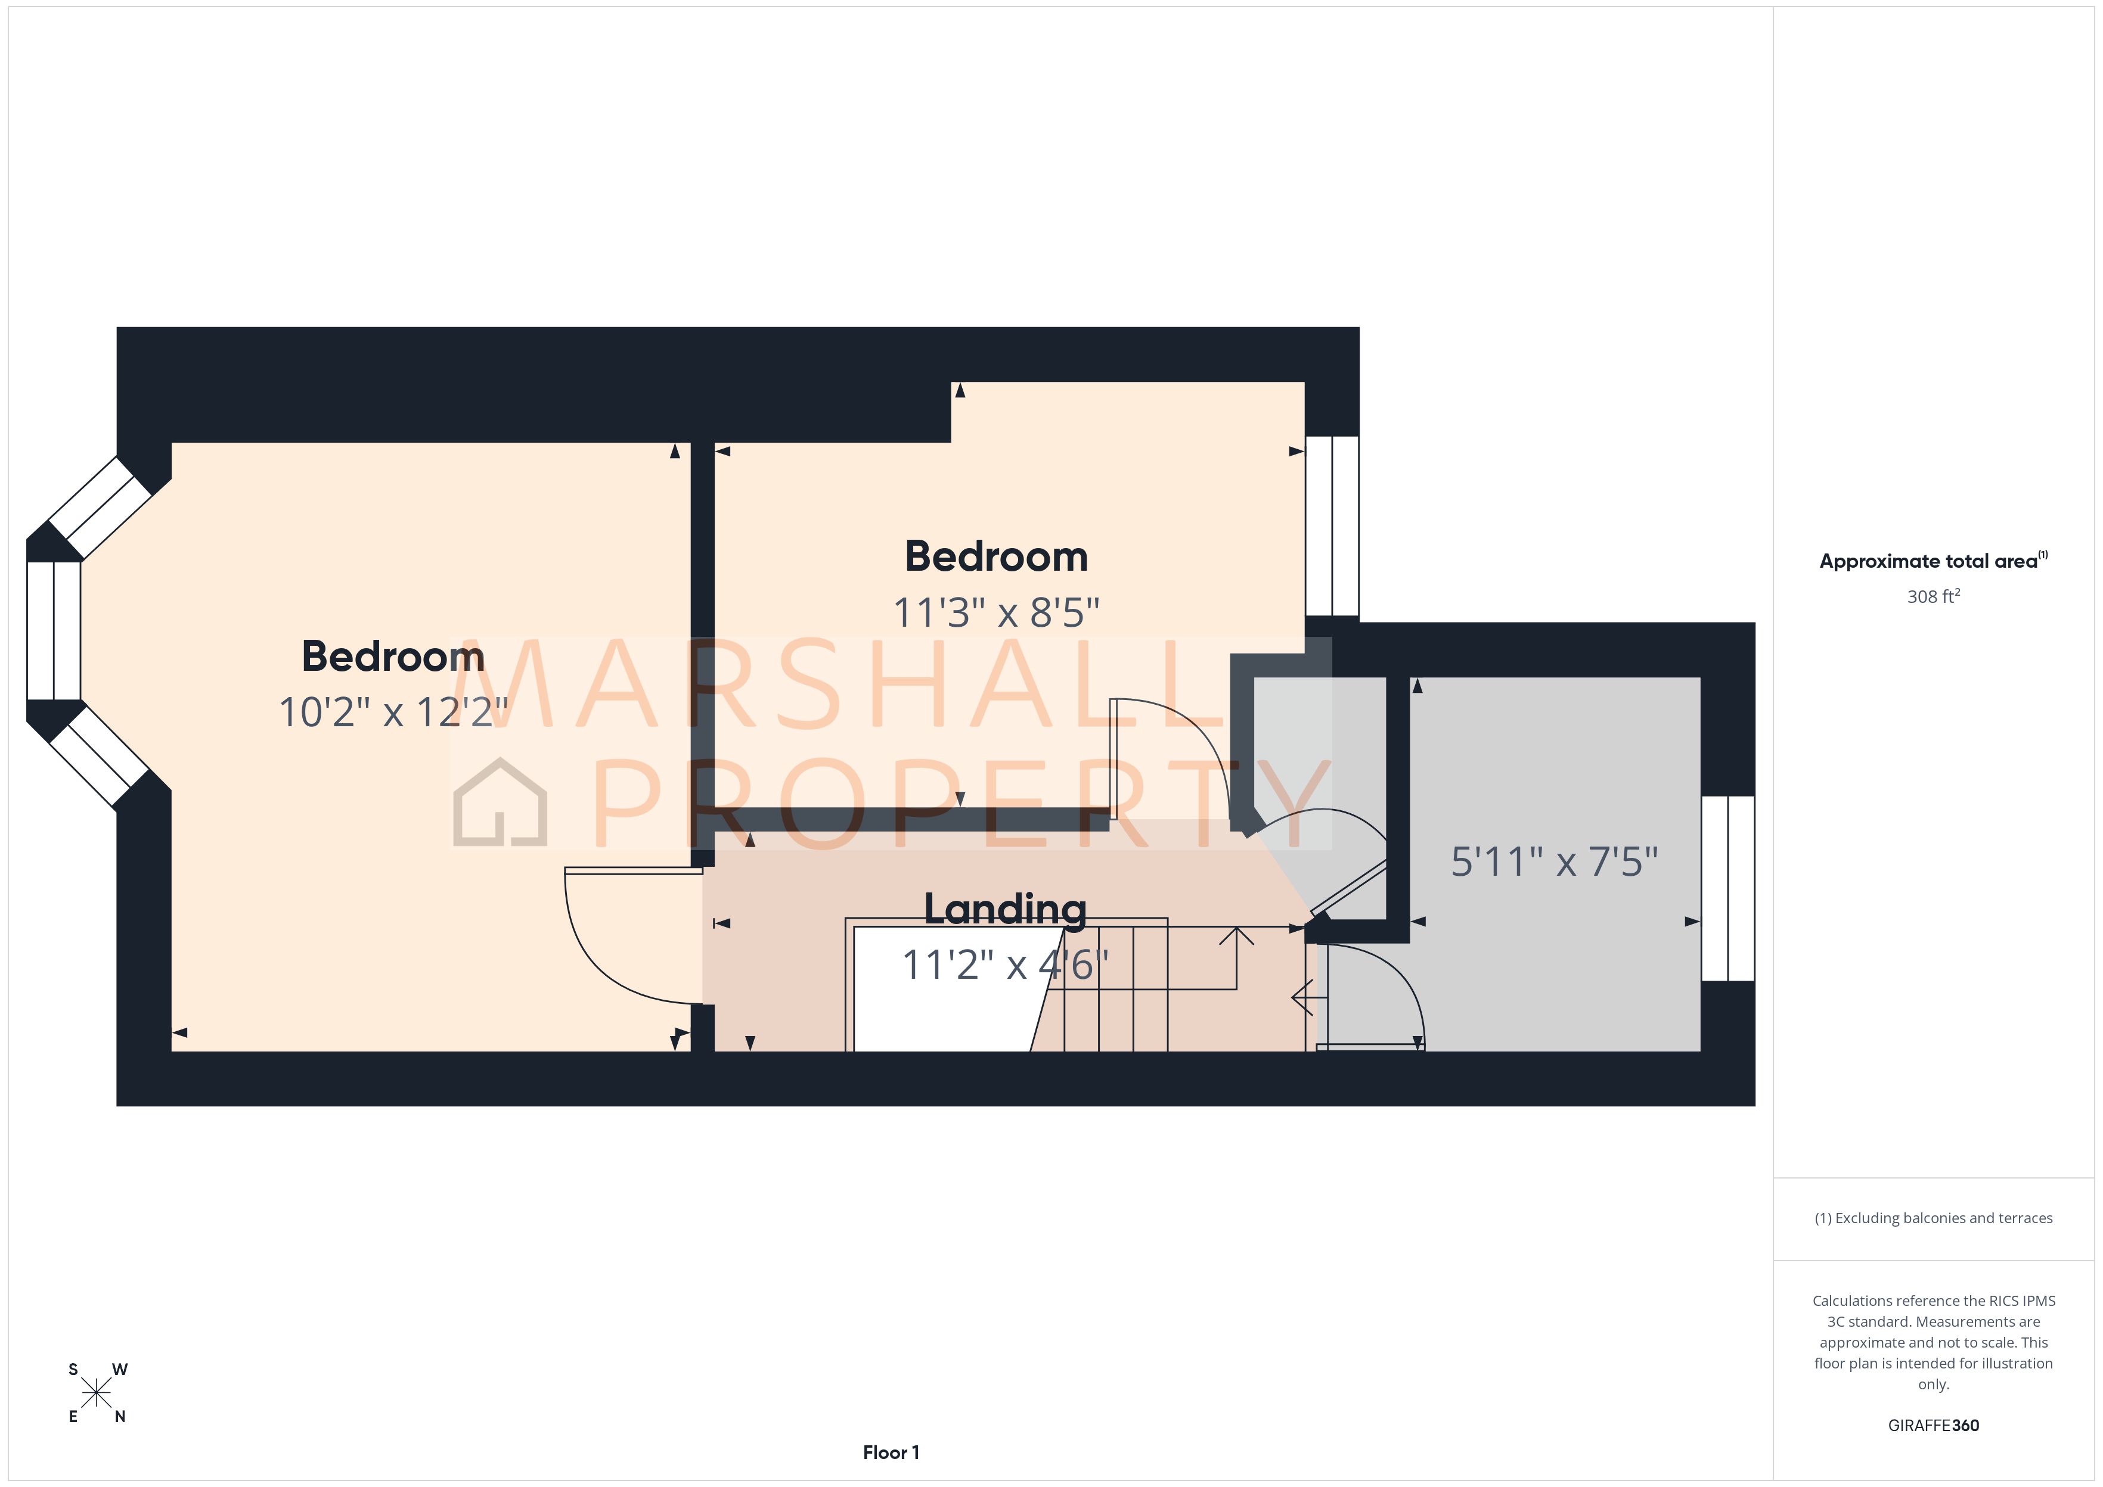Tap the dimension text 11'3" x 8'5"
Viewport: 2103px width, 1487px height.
coord(995,612)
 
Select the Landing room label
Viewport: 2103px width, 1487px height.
coord(1005,909)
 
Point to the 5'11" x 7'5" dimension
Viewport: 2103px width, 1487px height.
coord(1555,861)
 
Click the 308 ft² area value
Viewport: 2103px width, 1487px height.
coord(1933,597)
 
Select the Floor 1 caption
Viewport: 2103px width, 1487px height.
coord(891,1452)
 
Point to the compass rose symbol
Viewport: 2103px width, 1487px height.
coord(96,1393)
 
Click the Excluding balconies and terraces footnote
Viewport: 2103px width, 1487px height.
coord(1933,1218)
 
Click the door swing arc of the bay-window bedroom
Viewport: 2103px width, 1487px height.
coord(595,962)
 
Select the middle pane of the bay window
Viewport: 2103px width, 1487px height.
coord(54,631)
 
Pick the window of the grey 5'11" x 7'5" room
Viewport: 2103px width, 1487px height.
coord(1727,888)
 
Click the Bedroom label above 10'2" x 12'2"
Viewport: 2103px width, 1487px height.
coord(393,657)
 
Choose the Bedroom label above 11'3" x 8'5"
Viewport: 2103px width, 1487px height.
coord(995,556)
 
